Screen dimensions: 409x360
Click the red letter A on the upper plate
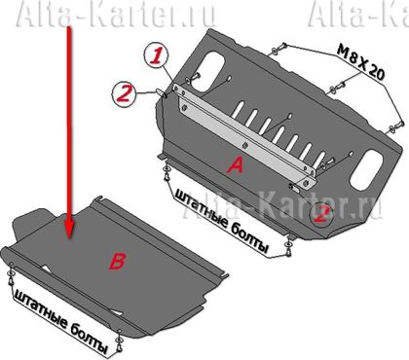[235, 164]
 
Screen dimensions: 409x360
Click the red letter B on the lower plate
[117, 262]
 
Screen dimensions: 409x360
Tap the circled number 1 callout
[156, 56]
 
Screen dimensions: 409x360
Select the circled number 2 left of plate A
[124, 93]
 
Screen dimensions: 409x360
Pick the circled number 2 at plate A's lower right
[321, 214]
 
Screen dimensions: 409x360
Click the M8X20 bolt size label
[360, 61]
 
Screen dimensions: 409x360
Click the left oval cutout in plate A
[208, 71]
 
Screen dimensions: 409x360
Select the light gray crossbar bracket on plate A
[243, 136]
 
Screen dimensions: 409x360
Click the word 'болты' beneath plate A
[251, 239]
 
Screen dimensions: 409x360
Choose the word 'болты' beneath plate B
[89, 340]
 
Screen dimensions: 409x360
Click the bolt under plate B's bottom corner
[119, 342]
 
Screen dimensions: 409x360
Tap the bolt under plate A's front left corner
[167, 173]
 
